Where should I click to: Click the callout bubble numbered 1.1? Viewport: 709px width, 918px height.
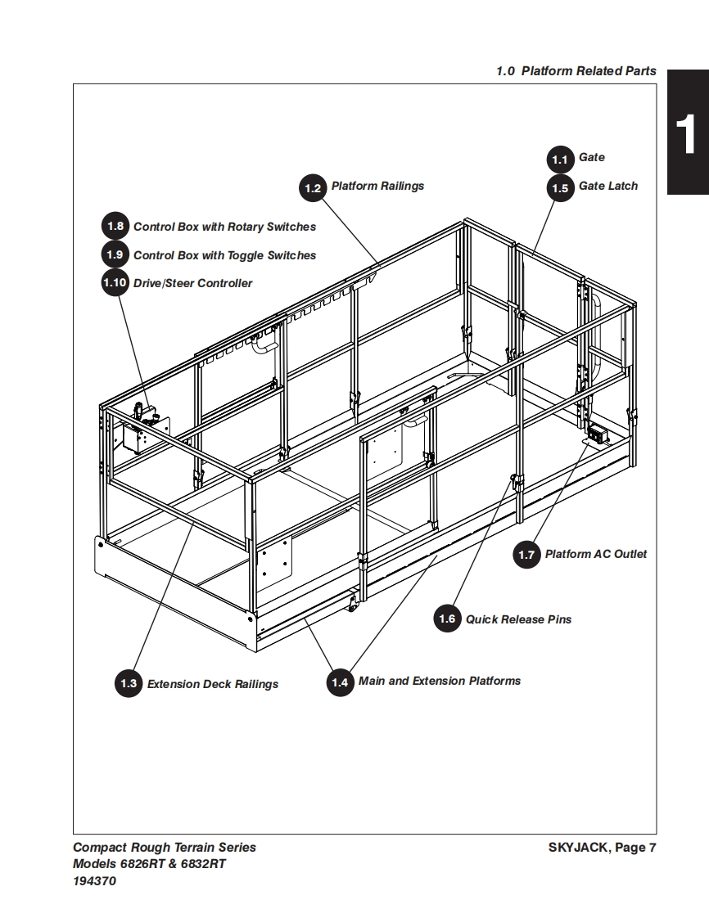560,159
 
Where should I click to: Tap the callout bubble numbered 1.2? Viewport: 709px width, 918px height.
313,188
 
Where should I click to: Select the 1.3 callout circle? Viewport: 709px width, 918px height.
129,684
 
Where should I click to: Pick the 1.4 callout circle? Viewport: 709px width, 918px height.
340,682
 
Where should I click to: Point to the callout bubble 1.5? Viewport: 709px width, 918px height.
560,187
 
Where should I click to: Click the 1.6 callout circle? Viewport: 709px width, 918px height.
447,619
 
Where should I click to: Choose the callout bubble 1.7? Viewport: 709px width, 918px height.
526,556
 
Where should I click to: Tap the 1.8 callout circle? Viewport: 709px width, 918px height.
115,227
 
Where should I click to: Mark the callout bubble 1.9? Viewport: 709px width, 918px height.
115,255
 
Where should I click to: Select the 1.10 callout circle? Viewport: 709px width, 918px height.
115,283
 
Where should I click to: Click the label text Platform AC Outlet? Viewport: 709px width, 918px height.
596,555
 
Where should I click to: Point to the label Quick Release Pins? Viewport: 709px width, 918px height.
519,619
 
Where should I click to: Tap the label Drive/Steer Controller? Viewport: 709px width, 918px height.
193,284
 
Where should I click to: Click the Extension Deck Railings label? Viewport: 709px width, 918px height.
213,684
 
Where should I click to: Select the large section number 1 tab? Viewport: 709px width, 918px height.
686,132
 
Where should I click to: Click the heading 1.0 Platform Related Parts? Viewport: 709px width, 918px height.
576,71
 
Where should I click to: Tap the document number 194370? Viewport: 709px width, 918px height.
95,881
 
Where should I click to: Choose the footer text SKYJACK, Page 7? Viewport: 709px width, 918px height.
602,848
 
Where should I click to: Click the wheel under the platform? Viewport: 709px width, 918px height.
354,604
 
